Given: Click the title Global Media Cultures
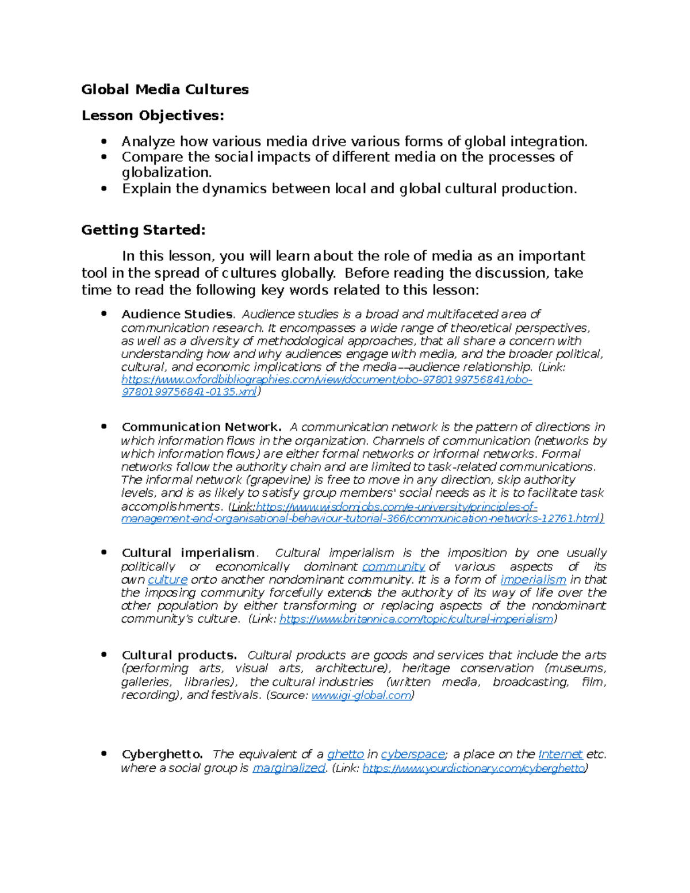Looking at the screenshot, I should (165, 89).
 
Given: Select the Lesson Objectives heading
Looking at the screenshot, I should (152, 116).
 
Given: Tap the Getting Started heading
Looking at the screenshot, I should (143, 230).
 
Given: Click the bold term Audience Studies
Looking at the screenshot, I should (177, 314).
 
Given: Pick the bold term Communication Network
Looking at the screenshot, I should (201, 427).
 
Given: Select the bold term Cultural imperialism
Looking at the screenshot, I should (188, 553).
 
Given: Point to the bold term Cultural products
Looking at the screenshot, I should (179, 656).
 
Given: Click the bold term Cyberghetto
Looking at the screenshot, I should (162, 754).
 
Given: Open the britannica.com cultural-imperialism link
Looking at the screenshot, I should (416, 619).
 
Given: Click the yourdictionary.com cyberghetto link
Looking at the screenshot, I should (474, 769).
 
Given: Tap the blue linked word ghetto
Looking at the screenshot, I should (345, 754).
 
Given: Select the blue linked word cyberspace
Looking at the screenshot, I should (413, 754).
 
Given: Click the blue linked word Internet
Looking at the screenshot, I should (560, 754).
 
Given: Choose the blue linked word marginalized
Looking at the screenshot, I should (289, 769).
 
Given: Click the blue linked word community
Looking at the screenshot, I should (393, 567).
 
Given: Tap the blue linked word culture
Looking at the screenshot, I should (167, 580).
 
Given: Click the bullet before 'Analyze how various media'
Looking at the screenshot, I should (104, 141).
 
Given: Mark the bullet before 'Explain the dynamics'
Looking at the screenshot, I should (104, 189).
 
